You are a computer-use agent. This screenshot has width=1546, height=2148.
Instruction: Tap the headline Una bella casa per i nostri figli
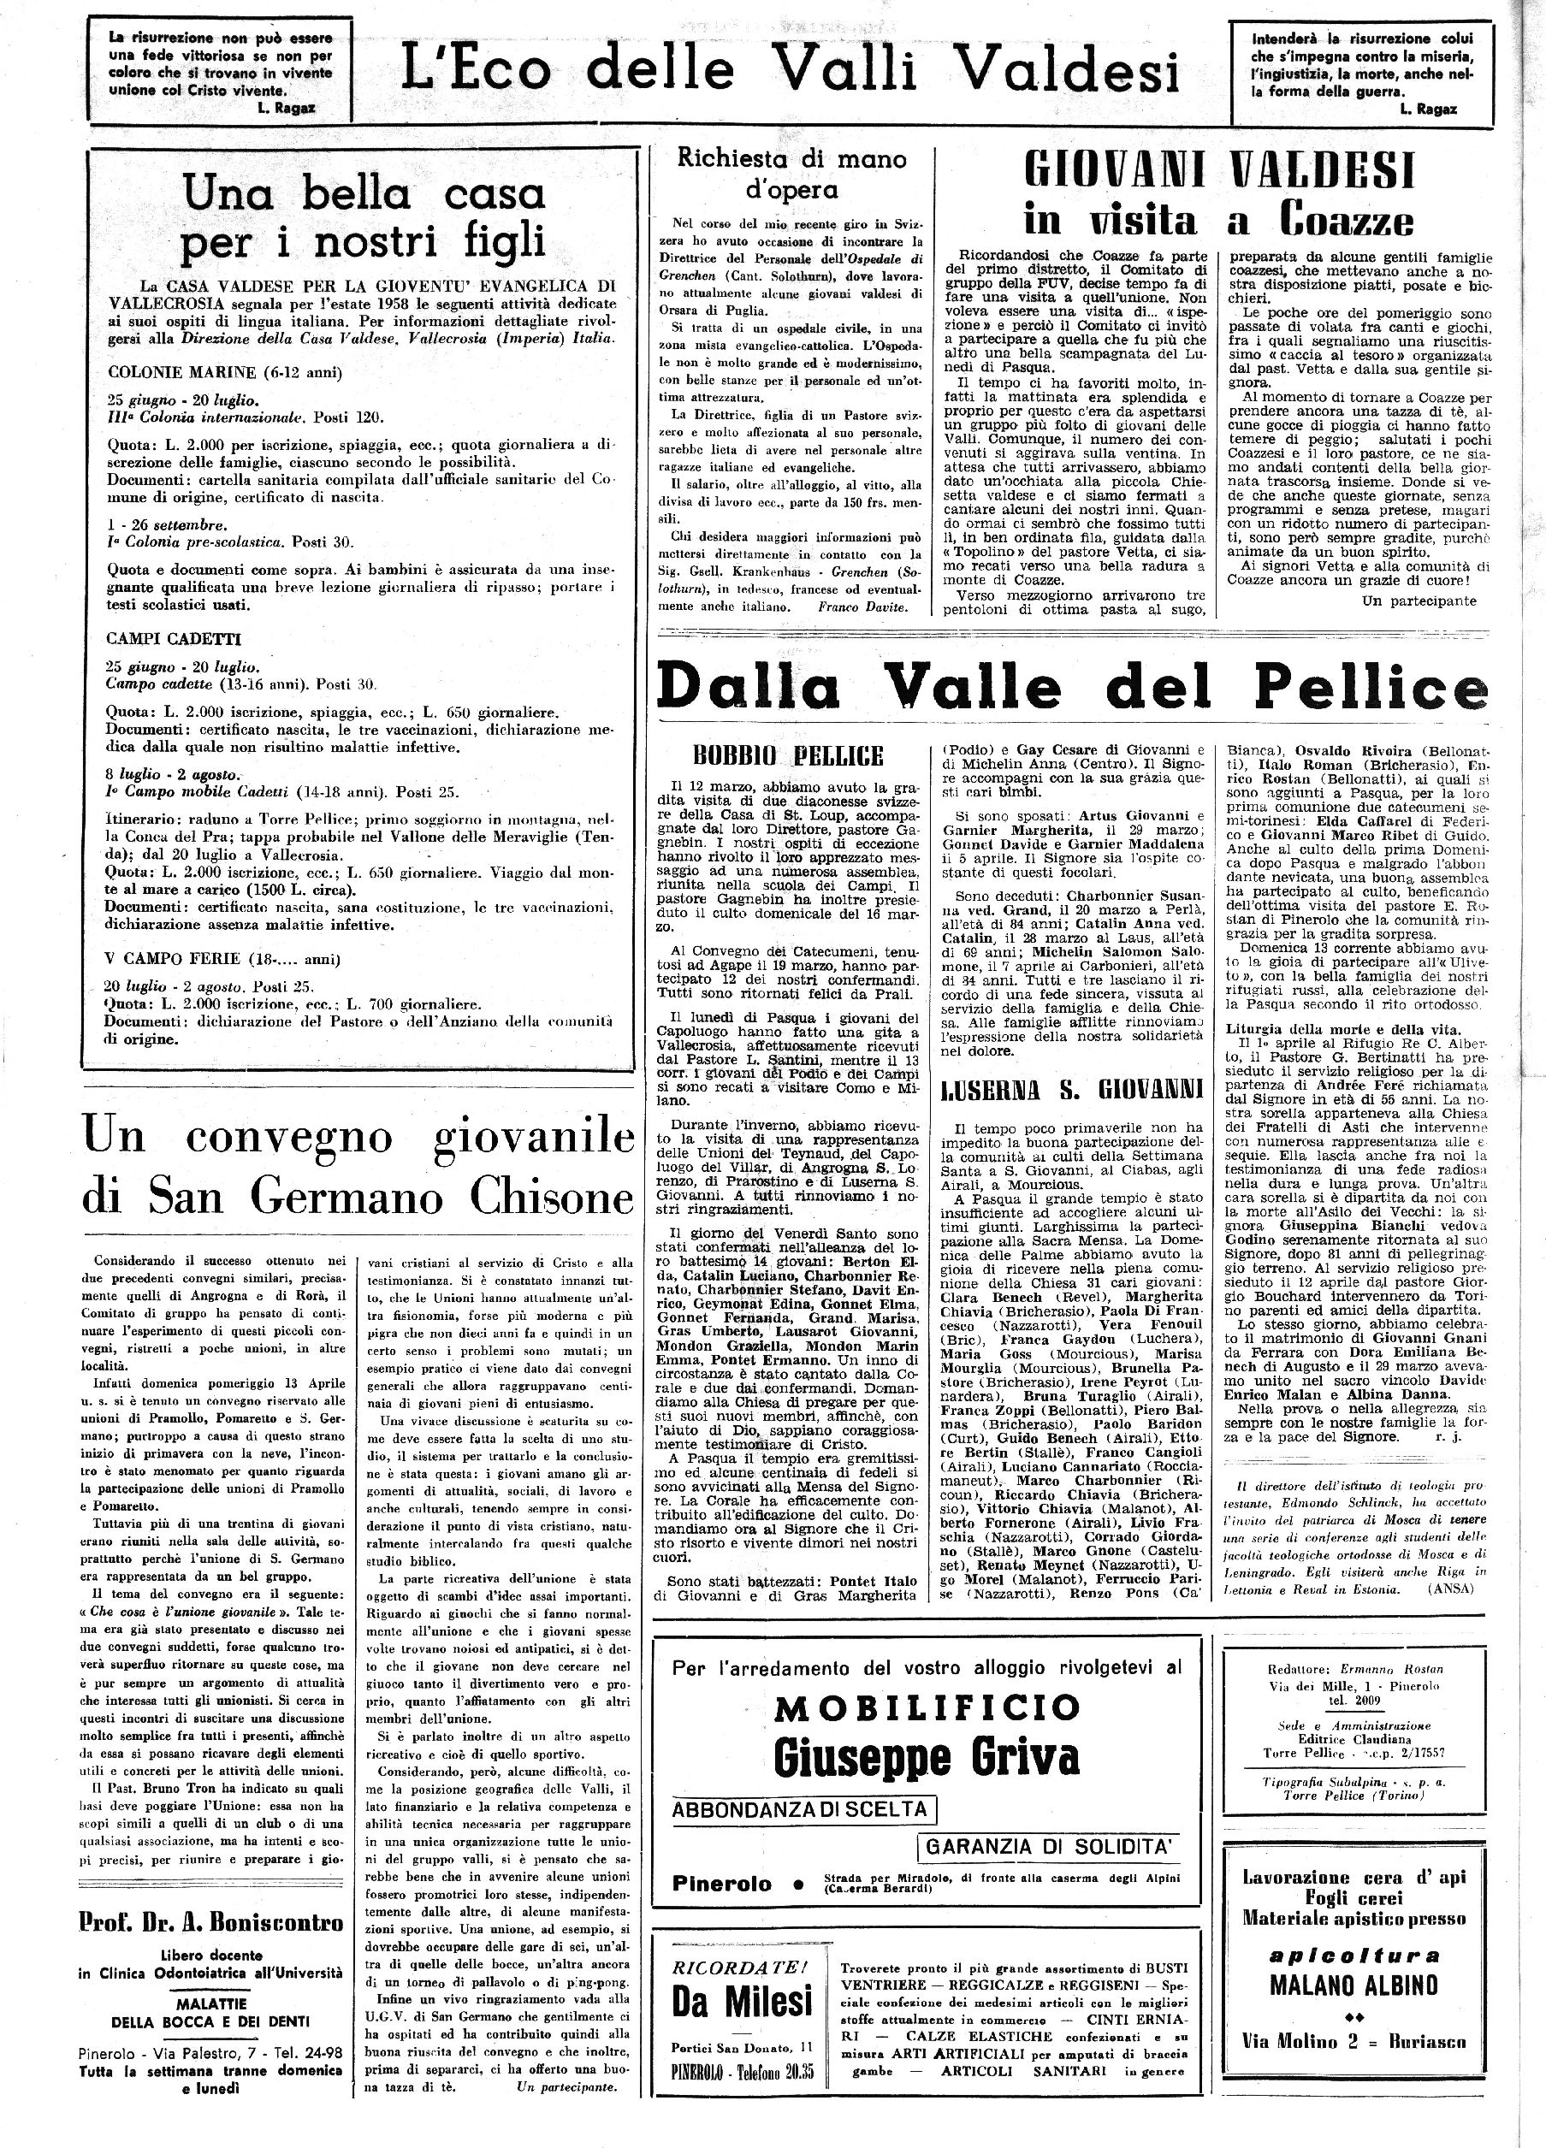tap(364, 219)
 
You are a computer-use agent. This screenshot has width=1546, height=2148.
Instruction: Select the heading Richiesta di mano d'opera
tap(792, 174)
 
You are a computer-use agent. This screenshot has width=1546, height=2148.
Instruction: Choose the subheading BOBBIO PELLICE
tap(788, 756)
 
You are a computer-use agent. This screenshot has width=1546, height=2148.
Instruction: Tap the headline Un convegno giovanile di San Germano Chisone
tap(358, 1166)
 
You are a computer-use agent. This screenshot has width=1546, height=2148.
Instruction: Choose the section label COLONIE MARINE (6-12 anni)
tap(224, 372)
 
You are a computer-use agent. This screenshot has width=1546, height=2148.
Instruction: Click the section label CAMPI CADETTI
tap(174, 638)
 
